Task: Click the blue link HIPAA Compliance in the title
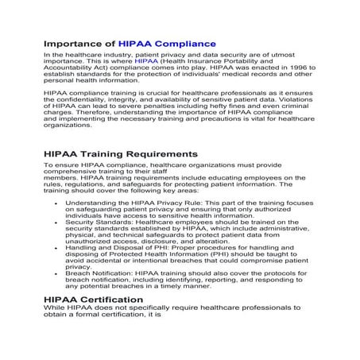click(x=167, y=44)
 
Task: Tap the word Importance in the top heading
click(x=78, y=44)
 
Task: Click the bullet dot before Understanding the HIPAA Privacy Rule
click(x=56, y=203)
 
